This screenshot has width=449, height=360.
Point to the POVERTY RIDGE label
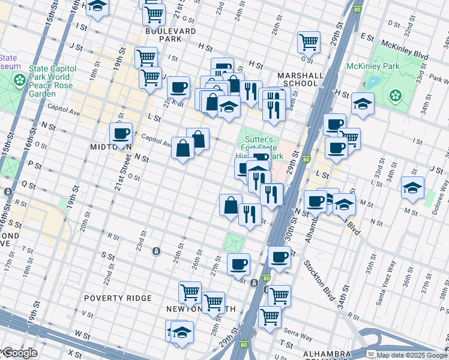pyautogui.click(x=118, y=298)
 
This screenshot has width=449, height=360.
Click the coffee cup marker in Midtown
pyautogui.click(x=121, y=134)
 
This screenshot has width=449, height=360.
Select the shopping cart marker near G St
pyautogui.click(x=309, y=42)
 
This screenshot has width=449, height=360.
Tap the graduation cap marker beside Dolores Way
pyautogui.click(x=412, y=188)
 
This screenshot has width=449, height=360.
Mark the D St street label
pyautogui.click(x=394, y=23)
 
